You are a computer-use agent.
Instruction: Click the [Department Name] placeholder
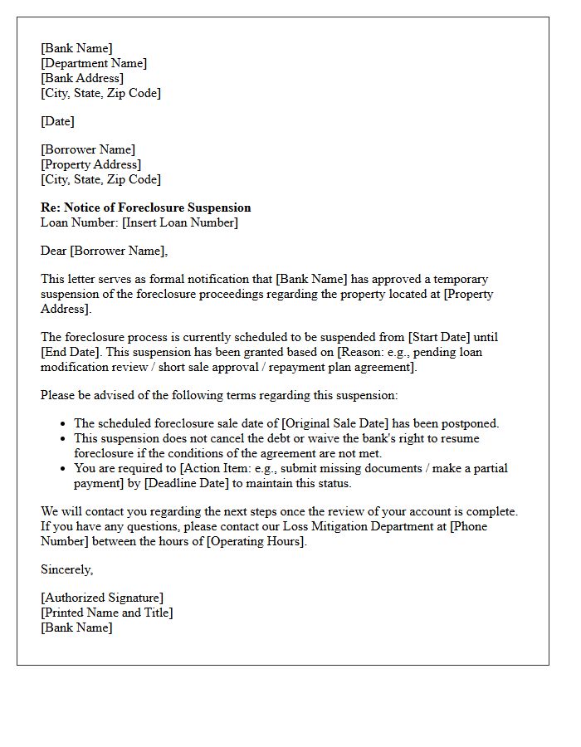click(94, 63)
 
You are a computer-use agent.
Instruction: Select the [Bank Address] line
click(82, 78)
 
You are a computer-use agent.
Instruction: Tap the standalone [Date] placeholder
click(57, 121)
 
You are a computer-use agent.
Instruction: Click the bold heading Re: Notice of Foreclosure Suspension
click(145, 207)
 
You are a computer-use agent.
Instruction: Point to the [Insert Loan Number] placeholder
click(179, 222)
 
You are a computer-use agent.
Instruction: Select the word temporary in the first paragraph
click(459, 279)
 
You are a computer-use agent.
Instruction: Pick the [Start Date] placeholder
click(440, 337)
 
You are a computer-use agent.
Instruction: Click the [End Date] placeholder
click(71, 352)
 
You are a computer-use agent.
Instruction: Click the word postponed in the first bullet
click(471, 423)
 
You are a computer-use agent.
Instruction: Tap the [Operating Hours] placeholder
click(256, 541)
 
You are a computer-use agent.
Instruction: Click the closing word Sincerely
click(66, 569)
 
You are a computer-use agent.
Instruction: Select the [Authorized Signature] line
click(102, 598)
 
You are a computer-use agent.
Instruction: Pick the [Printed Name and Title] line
click(107, 613)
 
